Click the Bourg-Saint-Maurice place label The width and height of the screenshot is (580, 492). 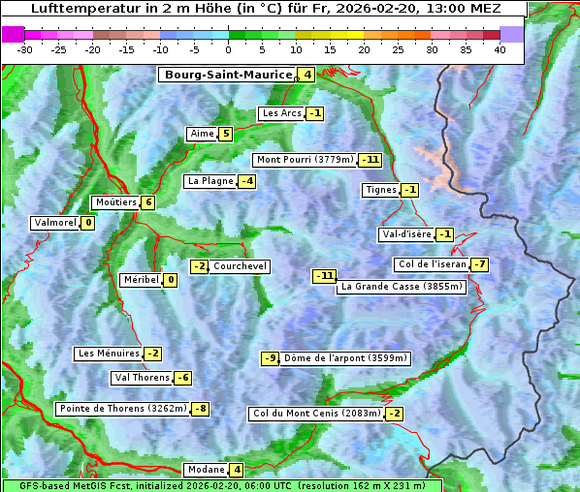click(228, 75)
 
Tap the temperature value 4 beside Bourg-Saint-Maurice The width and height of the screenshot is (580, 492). click(306, 75)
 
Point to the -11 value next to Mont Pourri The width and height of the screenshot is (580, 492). click(370, 160)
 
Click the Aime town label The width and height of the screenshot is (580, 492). click(202, 134)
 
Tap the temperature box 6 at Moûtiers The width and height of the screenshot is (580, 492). click(147, 202)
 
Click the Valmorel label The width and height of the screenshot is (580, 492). click(55, 223)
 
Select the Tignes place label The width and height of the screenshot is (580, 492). click(380, 190)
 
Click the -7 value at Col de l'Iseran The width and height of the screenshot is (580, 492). click(479, 265)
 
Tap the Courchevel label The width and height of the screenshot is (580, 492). click(240, 266)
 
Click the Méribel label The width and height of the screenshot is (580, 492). click(141, 280)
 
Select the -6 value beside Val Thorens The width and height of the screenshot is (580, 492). click(183, 378)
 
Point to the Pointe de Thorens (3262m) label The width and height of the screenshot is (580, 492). click(123, 409)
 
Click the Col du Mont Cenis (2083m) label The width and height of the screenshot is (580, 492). click(316, 415)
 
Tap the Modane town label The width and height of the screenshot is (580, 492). click(206, 470)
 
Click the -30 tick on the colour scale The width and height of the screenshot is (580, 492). click(25, 49)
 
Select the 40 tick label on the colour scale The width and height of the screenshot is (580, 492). click(499, 49)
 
